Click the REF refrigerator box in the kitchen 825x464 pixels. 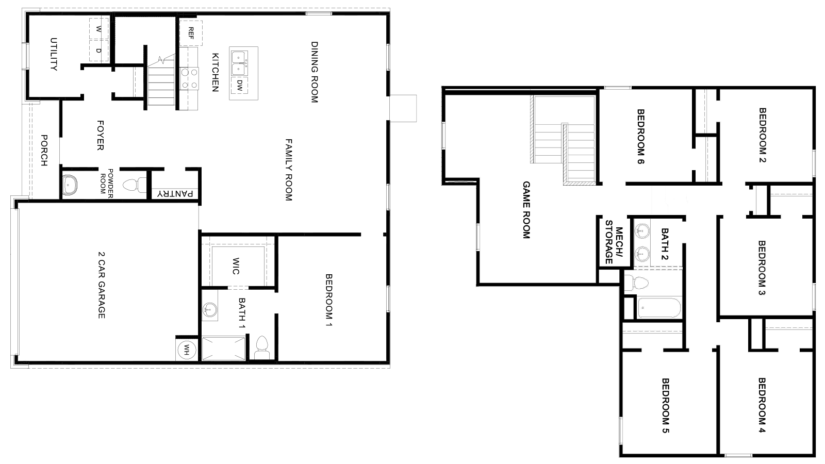(x=191, y=33)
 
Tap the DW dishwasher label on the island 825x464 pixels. (x=240, y=85)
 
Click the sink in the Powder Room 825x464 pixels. (x=70, y=185)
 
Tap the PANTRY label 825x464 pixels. (x=175, y=194)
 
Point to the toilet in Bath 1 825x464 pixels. (x=262, y=346)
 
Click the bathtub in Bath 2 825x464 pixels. (x=659, y=308)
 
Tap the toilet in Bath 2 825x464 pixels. (x=638, y=283)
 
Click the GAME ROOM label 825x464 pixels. (x=526, y=209)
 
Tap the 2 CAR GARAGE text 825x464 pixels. (x=102, y=285)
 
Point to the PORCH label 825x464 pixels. (x=44, y=150)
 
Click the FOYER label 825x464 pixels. (x=101, y=136)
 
